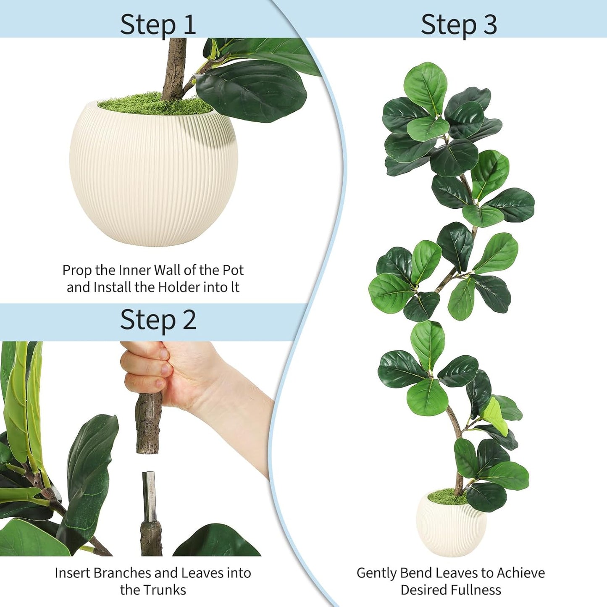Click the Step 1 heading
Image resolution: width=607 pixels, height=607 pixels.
tap(158, 24)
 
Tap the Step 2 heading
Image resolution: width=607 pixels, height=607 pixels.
tap(158, 320)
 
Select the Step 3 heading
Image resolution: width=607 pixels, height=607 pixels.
tap(459, 24)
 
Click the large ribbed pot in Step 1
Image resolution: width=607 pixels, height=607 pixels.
tap(154, 176)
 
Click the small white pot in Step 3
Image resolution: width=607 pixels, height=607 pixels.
tap(451, 527)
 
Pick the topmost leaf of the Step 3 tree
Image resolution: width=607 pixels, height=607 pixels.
tap(425, 84)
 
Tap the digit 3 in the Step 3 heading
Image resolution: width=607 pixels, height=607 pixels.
tap(490, 24)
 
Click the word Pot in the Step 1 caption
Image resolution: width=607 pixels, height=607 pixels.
tap(233, 270)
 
